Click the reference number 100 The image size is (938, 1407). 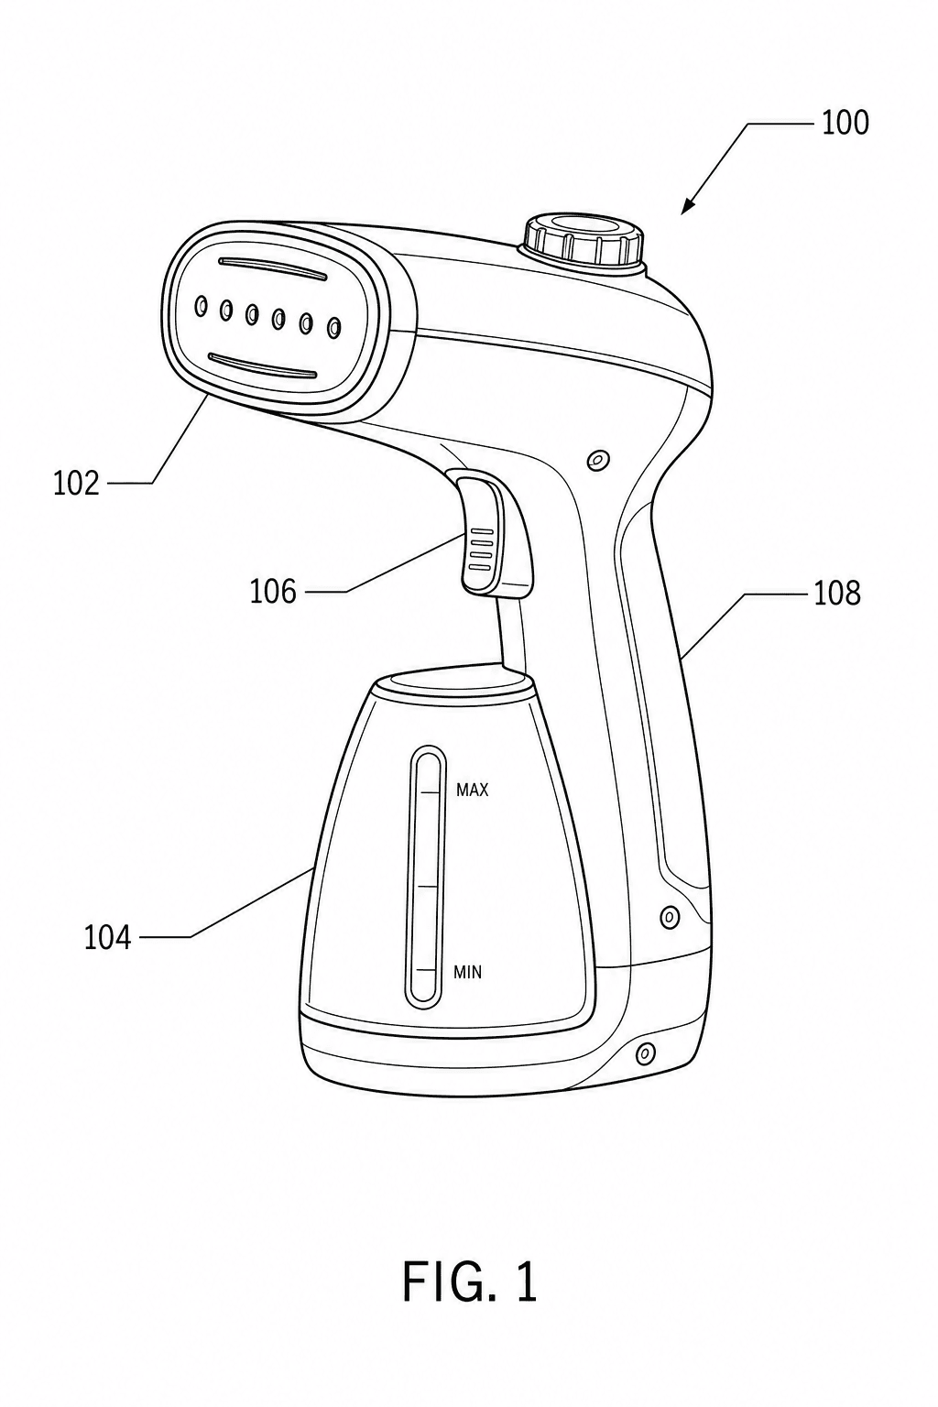pyautogui.click(x=845, y=123)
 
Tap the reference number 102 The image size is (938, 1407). pyautogui.click(x=76, y=484)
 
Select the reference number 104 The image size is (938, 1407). pyautogui.click(x=107, y=938)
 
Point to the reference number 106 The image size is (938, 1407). pyautogui.click(x=273, y=592)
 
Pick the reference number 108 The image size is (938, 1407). pyautogui.click(x=837, y=593)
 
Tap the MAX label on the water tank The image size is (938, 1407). pyautogui.click(x=472, y=791)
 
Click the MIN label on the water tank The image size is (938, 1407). pyautogui.click(x=467, y=973)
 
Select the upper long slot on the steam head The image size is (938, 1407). pyautogui.click(x=271, y=268)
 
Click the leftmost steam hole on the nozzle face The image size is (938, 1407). pyautogui.click(x=201, y=306)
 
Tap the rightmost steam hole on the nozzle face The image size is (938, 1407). pyautogui.click(x=335, y=326)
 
